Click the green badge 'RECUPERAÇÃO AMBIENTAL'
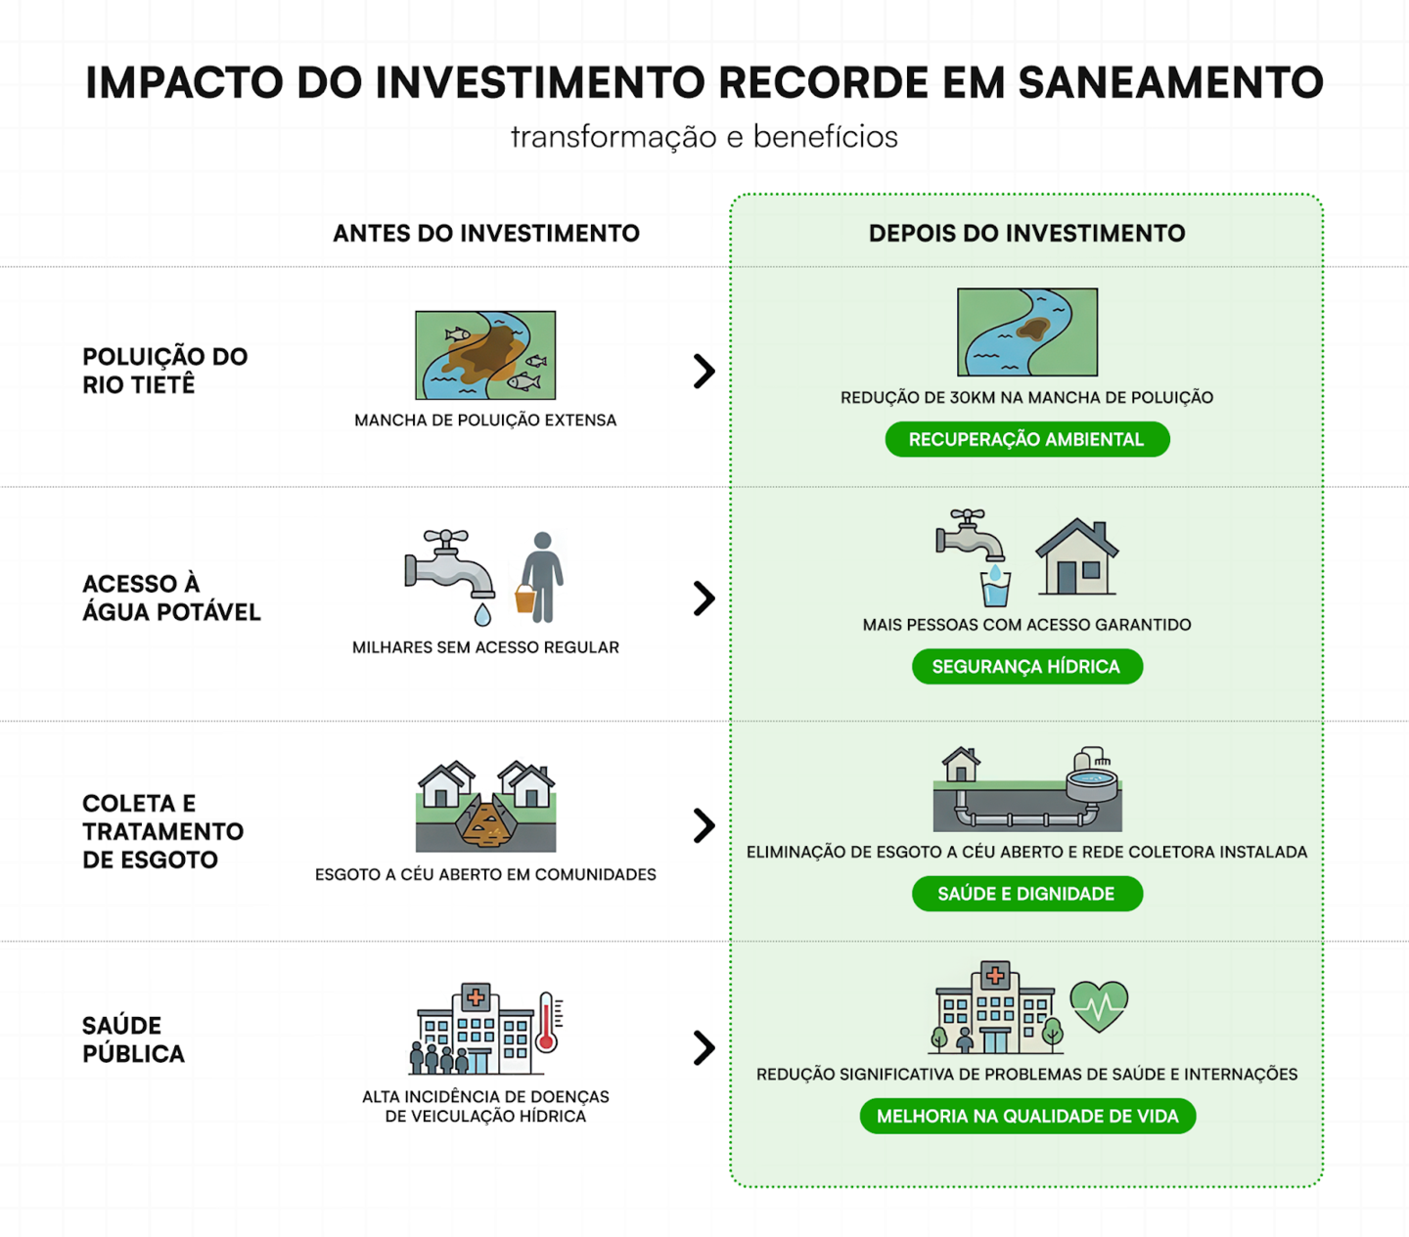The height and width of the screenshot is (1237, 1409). (1026, 439)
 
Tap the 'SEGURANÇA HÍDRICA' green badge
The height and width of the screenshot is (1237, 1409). (1026, 666)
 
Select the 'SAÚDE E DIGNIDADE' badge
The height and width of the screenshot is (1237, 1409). (1026, 894)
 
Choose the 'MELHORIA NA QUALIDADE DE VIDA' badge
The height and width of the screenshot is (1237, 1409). (1027, 1116)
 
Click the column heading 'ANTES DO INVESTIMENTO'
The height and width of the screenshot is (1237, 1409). (485, 234)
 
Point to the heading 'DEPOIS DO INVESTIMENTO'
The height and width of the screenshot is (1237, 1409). (1026, 234)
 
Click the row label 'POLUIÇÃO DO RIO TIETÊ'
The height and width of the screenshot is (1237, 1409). (164, 371)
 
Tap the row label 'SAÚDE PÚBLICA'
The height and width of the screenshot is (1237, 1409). (133, 1039)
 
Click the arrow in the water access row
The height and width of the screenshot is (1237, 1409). (704, 598)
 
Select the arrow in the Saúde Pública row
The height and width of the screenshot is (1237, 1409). (704, 1047)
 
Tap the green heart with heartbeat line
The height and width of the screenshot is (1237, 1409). (1099, 1005)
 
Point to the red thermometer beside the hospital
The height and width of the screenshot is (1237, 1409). (548, 1023)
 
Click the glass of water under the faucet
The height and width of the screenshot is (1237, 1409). (995, 589)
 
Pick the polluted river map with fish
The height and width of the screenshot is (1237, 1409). (485, 355)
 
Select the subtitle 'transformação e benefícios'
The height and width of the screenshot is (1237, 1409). (704, 137)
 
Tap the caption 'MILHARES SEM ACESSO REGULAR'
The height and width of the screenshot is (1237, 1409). (485, 647)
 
